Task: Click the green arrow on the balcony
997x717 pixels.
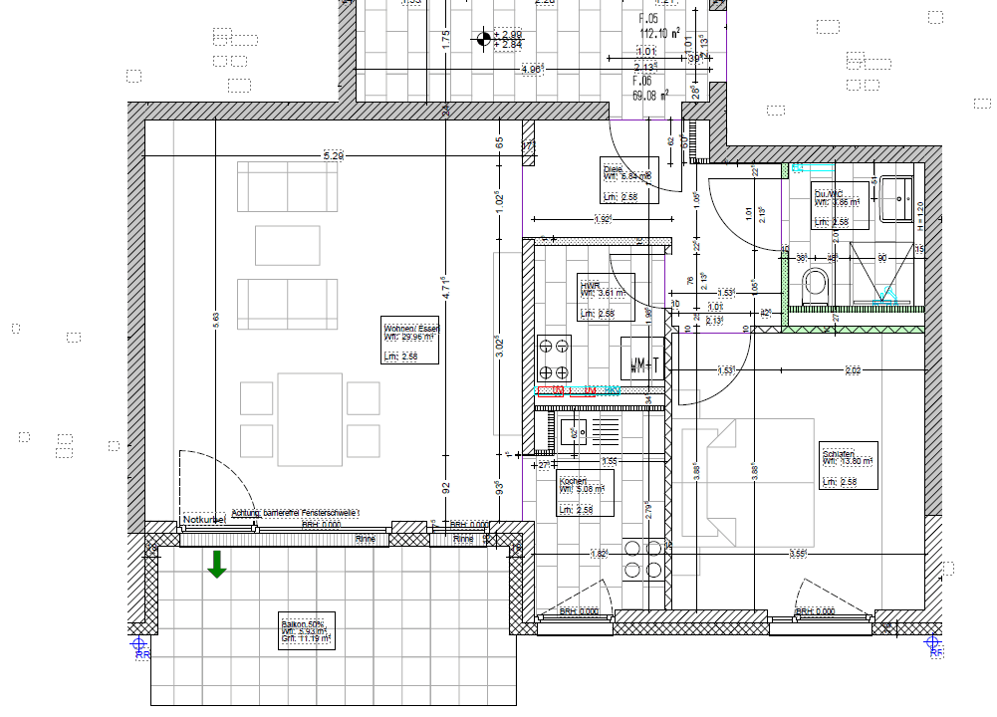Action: pyautogui.click(x=217, y=565)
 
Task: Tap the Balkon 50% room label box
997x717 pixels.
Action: pyautogui.click(x=306, y=630)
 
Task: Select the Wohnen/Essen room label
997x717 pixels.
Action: pyautogui.click(x=411, y=344)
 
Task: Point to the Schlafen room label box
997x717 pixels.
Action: pyautogui.click(x=848, y=465)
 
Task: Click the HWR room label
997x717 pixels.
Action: pyautogui.click(x=606, y=299)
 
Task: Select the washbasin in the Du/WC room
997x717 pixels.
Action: pyautogui.click(x=897, y=199)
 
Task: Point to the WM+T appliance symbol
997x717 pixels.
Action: pyautogui.click(x=641, y=359)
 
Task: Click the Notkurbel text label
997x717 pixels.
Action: pyautogui.click(x=205, y=520)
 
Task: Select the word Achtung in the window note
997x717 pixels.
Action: pyautogui.click(x=245, y=512)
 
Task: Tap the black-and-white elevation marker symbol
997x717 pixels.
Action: pyautogui.click(x=486, y=40)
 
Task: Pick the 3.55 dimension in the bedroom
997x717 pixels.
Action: pyautogui.click(x=798, y=554)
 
